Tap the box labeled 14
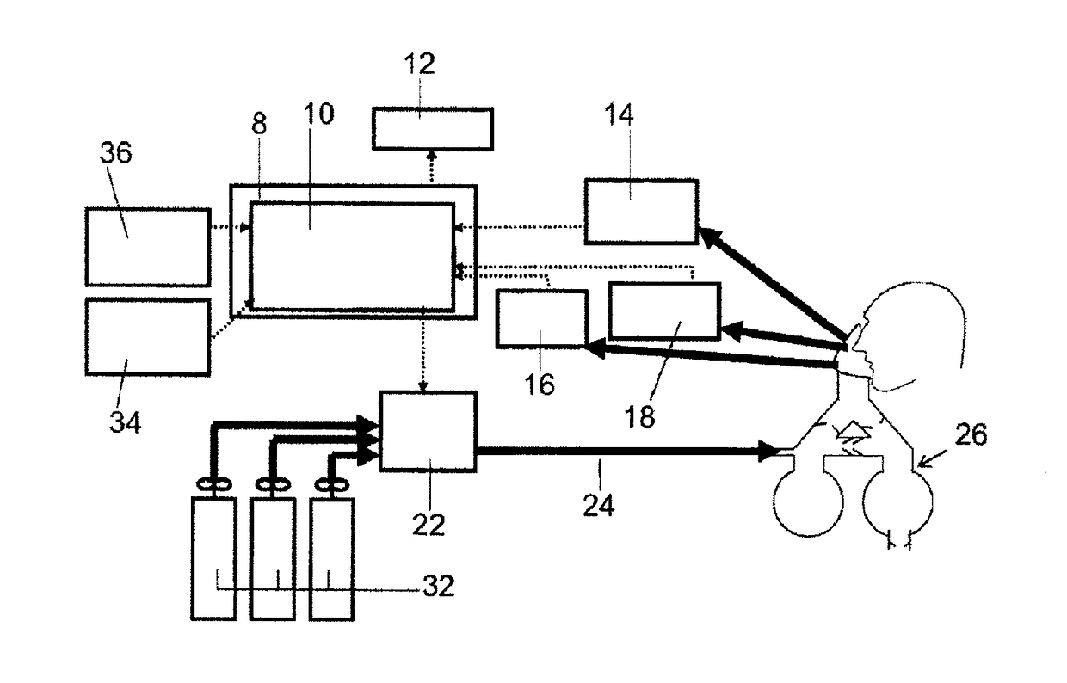click(x=640, y=212)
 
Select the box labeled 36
click(x=147, y=247)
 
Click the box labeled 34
click(x=147, y=336)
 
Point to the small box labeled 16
click(x=541, y=318)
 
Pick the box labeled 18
click(x=663, y=311)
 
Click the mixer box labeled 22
click(x=428, y=430)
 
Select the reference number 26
click(x=970, y=435)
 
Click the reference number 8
click(x=259, y=124)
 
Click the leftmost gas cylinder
click(x=212, y=557)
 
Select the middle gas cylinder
click(x=273, y=557)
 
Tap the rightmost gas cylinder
click(x=331, y=557)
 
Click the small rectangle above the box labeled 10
click(x=433, y=128)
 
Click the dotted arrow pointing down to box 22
click(x=422, y=353)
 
